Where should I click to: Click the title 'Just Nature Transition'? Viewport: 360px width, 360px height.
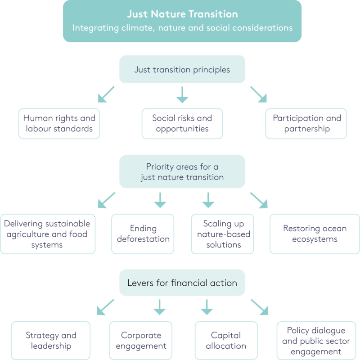click(x=182, y=13)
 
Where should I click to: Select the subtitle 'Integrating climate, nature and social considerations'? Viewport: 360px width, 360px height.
click(x=182, y=27)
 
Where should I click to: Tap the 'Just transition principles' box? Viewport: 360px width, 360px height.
click(x=182, y=69)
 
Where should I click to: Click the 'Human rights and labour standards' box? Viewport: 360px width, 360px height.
click(x=59, y=123)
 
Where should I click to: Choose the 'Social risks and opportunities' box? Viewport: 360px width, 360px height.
click(x=182, y=123)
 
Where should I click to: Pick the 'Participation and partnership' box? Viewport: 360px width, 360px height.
click(x=306, y=123)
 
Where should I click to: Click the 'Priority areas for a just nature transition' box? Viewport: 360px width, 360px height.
click(x=182, y=171)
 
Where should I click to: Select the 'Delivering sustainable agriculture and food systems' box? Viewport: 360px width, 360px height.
click(x=48, y=234)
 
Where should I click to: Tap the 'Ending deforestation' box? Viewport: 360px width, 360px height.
click(x=144, y=234)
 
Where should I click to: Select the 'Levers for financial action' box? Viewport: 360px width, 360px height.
click(x=182, y=283)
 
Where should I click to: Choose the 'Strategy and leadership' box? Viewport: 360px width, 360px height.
click(x=51, y=341)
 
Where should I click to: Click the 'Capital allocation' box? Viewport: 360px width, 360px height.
click(x=226, y=341)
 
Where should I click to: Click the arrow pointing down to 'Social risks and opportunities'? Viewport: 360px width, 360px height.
click(x=182, y=95)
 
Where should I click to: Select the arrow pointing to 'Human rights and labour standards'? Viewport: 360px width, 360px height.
click(x=106, y=95)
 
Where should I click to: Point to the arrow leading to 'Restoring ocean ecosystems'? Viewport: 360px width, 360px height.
click(x=259, y=201)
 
